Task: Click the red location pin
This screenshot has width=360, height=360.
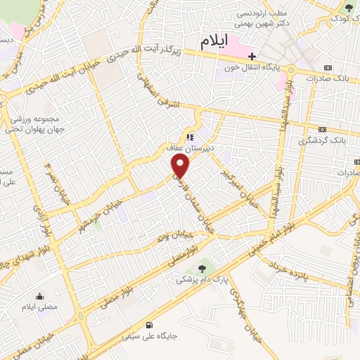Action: pyautogui.click(x=181, y=166)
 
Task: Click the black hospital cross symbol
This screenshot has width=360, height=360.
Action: pyautogui.click(x=251, y=56)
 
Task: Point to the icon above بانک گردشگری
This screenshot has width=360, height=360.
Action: pyautogui.click(x=323, y=129)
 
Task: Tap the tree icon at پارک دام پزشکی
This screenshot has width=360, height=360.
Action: pyautogui.click(x=202, y=267)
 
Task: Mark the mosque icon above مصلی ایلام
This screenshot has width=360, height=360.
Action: pyautogui.click(x=39, y=296)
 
